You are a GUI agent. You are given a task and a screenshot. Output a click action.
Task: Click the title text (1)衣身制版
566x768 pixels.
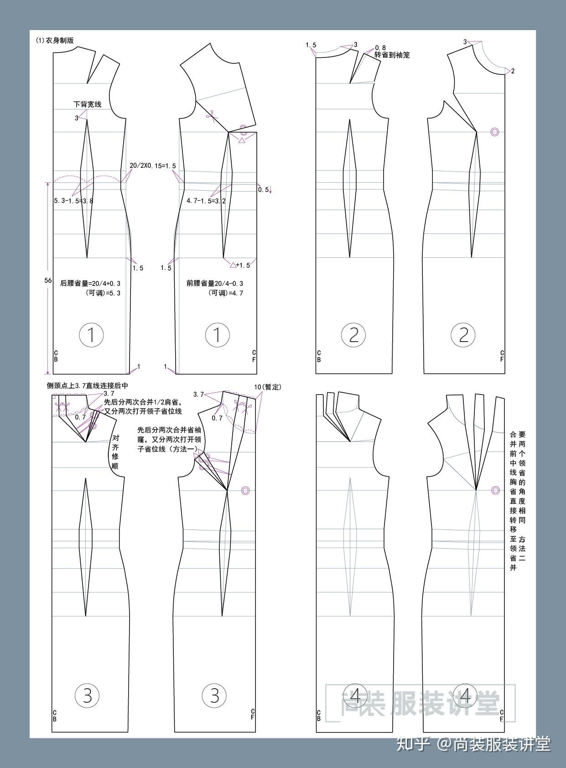coord(55,41)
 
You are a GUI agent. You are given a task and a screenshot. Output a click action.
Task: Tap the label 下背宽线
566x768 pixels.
coord(88,104)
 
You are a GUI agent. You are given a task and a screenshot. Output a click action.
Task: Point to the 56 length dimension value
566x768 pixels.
coord(48,280)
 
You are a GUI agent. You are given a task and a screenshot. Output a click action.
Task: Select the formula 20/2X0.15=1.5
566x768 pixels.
coord(152,166)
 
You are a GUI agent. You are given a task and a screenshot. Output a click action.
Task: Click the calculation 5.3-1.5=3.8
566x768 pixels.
coord(73,201)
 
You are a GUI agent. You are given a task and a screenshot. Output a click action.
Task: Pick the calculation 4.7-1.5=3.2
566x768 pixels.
coord(206,201)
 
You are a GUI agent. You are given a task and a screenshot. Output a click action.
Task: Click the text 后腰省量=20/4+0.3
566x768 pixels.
coord(90,284)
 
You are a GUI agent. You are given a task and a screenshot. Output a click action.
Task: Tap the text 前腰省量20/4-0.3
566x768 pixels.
coord(215,284)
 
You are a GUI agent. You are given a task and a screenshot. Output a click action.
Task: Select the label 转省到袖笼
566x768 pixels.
coord(392,55)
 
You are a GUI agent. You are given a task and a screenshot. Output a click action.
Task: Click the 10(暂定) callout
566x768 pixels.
coord(267,387)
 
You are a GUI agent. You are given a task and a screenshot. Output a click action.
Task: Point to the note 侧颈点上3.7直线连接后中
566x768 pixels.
coord(88,386)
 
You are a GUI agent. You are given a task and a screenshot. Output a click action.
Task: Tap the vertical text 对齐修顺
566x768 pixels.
coord(115,452)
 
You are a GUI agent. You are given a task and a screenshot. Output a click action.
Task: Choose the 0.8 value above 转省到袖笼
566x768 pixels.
coord(380,47)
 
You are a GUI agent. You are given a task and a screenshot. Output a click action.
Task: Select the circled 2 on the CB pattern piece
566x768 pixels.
coord(353,335)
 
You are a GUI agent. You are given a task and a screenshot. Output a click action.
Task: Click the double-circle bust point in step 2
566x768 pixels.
coord(494,132)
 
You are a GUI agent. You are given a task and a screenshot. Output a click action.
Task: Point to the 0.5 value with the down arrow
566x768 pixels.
coord(265,190)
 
